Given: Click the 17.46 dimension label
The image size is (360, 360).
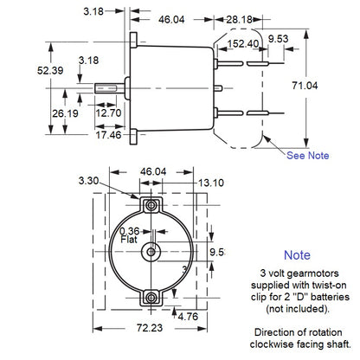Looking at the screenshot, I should (x=108, y=137).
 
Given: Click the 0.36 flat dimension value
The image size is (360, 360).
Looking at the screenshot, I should (x=127, y=231).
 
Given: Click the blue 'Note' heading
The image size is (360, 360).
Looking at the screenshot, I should (x=296, y=255).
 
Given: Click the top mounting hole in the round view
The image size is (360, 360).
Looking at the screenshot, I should (x=152, y=203).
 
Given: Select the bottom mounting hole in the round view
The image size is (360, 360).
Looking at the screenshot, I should (x=152, y=298).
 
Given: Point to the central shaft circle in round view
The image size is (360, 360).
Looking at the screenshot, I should (x=152, y=251).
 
